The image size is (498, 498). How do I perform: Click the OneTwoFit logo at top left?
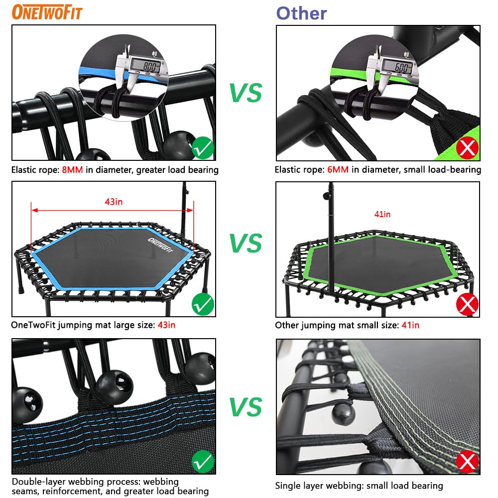coord(47,13)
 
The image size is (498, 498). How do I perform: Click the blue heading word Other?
coord(302,13)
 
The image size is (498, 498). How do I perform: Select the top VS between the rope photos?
coord(246,93)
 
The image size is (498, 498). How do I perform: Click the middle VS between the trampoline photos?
coord(246,243)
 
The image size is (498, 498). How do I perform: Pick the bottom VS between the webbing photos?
coord(246,407)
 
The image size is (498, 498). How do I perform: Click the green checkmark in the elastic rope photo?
coord(202,147)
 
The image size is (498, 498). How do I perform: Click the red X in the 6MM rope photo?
coord(467,147)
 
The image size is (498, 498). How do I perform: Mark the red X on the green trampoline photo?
coord(467,304)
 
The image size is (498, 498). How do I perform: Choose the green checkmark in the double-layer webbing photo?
coord(202,462)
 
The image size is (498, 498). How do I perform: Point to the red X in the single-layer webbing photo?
coord(467,462)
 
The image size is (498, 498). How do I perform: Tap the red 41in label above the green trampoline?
coord(382,214)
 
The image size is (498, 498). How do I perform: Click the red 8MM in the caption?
coord(73,170)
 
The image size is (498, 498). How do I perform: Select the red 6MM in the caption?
coord(338,170)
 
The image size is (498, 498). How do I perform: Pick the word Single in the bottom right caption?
coord(287,485)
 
